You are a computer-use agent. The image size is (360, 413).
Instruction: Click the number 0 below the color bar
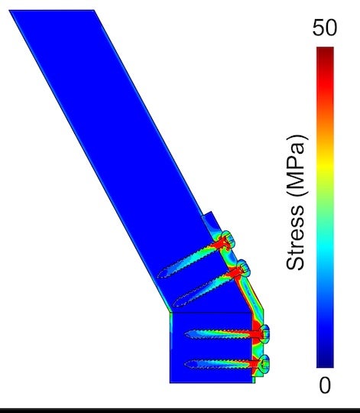(x=325, y=386)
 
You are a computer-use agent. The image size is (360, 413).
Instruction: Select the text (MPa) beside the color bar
(x=296, y=161)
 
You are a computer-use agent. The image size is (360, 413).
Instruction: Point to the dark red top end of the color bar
(x=325, y=52)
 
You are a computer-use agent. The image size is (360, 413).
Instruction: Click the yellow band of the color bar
(x=325, y=164)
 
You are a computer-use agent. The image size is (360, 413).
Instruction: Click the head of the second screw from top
(x=245, y=268)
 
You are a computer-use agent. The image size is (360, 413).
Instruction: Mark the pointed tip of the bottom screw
(x=186, y=360)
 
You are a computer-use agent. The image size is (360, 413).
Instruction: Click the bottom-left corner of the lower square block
(x=170, y=382)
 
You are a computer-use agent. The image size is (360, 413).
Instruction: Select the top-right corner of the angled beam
(x=94, y=11)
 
